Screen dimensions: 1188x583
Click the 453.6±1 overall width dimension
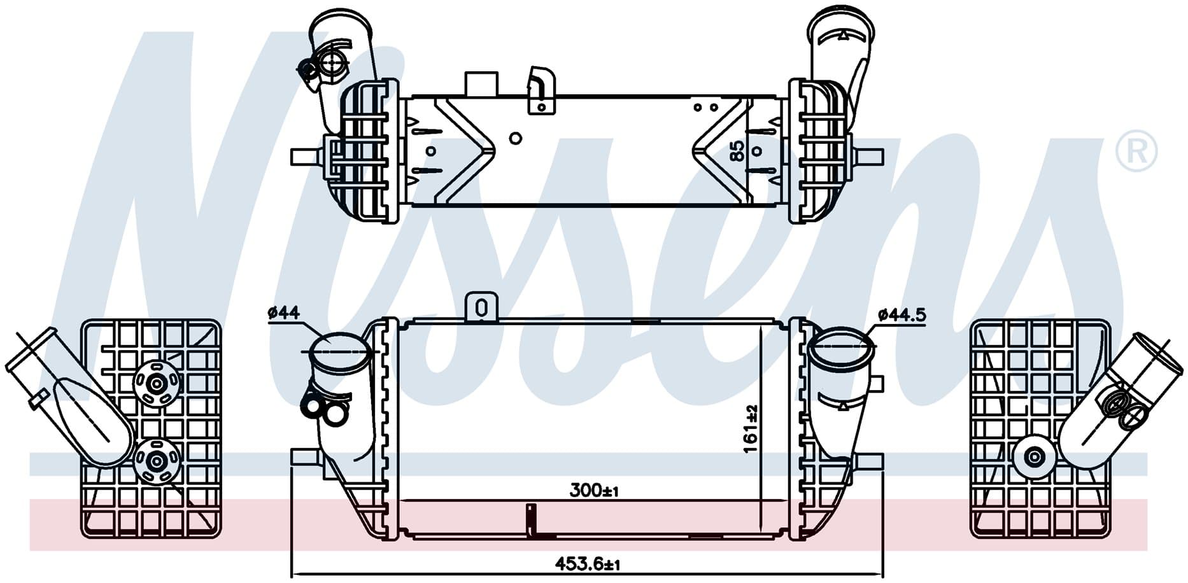point(587,564)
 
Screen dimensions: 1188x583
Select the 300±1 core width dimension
point(595,490)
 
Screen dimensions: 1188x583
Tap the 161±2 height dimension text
point(751,429)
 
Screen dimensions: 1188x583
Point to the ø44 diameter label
point(284,313)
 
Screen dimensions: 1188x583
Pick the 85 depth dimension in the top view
point(737,151)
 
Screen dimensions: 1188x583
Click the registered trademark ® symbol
point(1136,151)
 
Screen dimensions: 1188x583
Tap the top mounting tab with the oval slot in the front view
point(481,307)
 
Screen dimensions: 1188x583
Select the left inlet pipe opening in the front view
point(339,351)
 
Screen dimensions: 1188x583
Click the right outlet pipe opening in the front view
point(839,348)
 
